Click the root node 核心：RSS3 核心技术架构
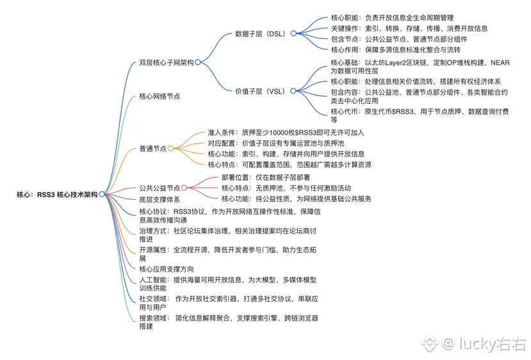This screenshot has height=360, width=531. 57,193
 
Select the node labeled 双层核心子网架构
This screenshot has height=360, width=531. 166,62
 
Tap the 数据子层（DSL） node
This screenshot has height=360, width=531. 260,33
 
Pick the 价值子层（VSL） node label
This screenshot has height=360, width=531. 259,92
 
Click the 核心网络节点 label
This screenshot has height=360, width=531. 159,96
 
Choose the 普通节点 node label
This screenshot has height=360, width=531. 152,148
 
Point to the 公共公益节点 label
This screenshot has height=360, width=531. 159,188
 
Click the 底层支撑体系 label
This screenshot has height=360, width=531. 159,199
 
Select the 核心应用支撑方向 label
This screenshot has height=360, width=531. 166,269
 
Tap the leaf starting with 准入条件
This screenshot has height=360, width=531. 286,133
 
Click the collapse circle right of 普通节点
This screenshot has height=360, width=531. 170,148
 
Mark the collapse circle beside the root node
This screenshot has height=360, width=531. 102,193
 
